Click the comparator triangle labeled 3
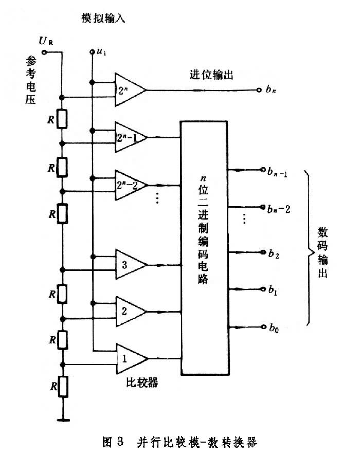click(x=130, y=264)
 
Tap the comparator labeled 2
click(x=130, y=311)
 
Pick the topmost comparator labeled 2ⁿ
click(x=130, y=90)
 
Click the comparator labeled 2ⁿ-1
click(x=130, y=137)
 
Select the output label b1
click(x=273, y=290)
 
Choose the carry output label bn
click(x=272, y=91)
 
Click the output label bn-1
click(x=276, y=170)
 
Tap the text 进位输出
click(x=211, y=75)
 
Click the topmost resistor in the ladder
click(x=62, y=119)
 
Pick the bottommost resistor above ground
click(x=62, y=386)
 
